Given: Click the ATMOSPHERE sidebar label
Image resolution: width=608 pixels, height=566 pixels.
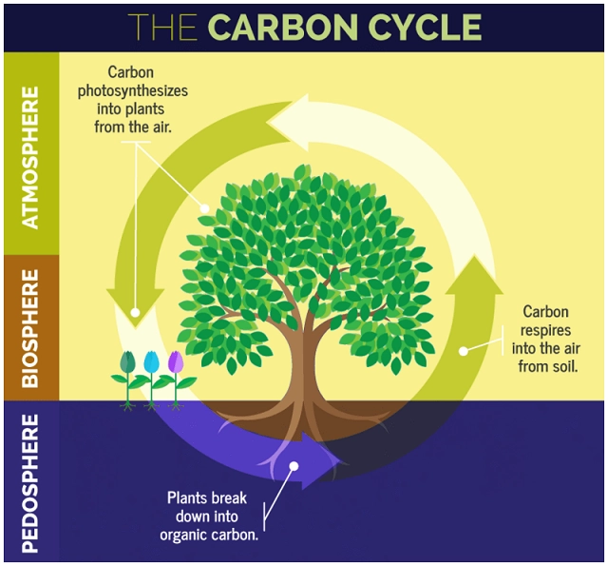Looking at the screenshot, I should tap(31, 158).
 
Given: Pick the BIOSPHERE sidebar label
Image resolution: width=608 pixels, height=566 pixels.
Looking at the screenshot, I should tap(31, 328).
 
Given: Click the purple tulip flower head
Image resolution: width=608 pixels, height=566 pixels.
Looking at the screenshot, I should tap(175, 362).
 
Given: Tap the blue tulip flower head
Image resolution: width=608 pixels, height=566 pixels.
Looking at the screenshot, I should tap(151, 362).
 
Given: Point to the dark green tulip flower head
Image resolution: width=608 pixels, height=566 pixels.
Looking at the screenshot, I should tap(128, 362).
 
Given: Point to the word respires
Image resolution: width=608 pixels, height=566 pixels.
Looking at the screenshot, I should tap(546, 329).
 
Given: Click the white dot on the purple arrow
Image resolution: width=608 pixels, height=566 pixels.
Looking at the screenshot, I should tap(294, 467).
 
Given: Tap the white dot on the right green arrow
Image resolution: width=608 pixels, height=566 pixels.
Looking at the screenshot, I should tap(464, 350).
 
